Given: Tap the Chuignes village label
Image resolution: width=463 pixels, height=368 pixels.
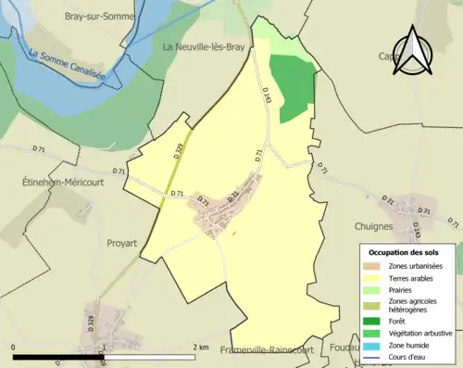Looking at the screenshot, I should [x=375, y=225].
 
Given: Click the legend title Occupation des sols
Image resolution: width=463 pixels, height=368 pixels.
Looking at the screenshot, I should [x=410, y=252].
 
